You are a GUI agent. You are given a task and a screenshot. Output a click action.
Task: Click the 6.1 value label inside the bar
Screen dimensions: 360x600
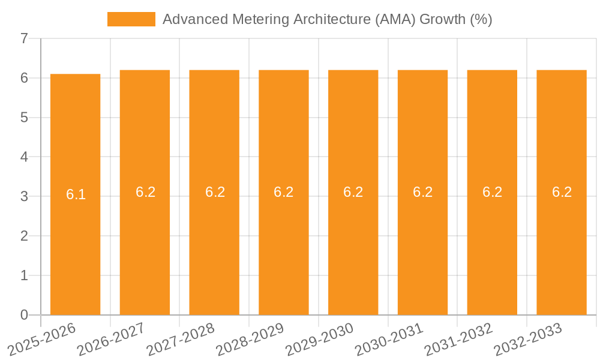click(76, 194)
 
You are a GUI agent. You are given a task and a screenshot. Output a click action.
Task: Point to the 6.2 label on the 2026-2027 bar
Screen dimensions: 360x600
click(145, 192)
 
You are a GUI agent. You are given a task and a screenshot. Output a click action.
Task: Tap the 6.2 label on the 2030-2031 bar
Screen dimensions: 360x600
click(422, 192)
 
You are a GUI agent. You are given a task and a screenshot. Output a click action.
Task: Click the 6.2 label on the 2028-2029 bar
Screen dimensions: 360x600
click(284, 192)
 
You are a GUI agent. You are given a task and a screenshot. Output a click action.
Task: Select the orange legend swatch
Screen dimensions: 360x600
click(131, 19)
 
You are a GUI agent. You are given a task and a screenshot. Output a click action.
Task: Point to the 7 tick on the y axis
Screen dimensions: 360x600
click(24, 38)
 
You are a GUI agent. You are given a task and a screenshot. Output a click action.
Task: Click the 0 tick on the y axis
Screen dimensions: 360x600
click(24, 315)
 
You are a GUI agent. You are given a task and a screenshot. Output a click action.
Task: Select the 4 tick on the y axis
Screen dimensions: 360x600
click(24, 157)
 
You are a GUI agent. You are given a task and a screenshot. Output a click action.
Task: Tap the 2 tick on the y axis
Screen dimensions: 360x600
click(24, 236)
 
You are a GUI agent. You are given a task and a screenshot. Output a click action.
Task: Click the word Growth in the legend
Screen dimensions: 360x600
click(442, 19)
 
